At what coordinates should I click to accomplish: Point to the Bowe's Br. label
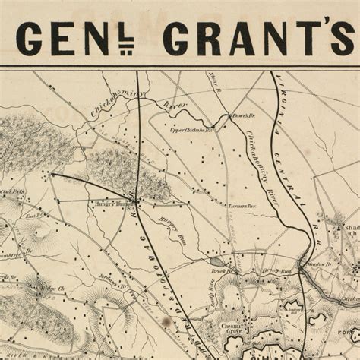point(242,118)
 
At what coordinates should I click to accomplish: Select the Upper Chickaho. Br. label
point(191,131)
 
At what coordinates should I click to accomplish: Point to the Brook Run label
point(272,270)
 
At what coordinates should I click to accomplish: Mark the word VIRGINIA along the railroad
point(285,106)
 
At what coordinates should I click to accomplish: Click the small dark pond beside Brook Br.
point(216,262)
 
